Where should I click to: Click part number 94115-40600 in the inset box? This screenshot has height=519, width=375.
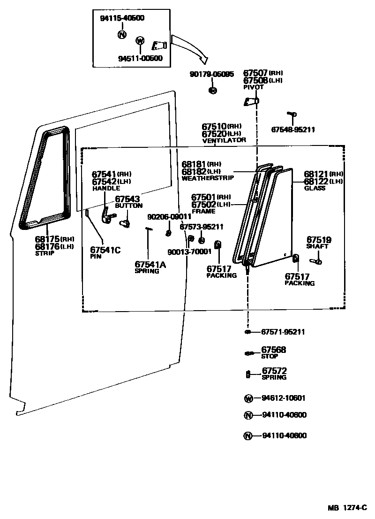tap(122, 18)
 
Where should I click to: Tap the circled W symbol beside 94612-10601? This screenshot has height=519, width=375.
tap(248, 398)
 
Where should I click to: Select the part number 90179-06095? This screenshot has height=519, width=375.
tap(211, 74)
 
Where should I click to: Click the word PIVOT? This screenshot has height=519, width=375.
tap(253, 87)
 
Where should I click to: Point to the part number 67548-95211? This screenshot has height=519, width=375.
tap(293, 130)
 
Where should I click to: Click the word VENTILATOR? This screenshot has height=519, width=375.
tap(224, 140)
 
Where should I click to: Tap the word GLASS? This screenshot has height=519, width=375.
tap(315, 188)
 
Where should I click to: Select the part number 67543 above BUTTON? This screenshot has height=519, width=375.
tap(127, 199)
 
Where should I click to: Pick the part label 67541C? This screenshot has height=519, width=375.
tap(105, 250)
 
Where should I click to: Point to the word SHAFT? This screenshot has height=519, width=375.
tap(317, 246)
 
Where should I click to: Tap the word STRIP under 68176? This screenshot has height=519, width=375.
tap(45, 253)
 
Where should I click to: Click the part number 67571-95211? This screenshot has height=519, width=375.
tap(283, 332)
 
